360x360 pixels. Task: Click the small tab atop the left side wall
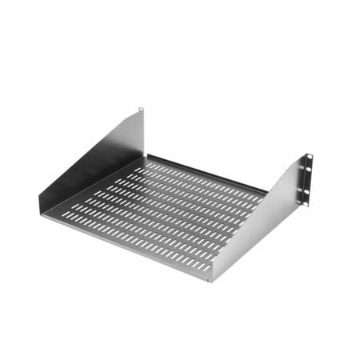(141, 110)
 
